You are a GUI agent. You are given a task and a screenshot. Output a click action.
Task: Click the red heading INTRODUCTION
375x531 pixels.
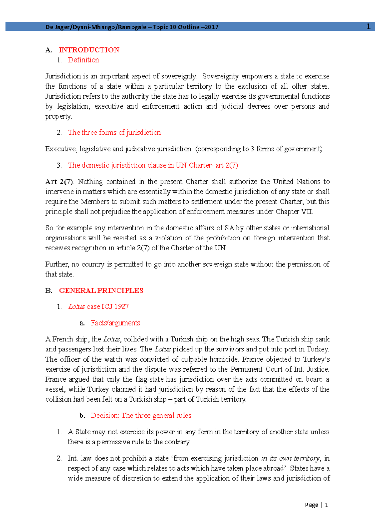coord(89,50)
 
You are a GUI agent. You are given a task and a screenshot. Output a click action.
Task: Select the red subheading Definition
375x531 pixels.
coord(83,60)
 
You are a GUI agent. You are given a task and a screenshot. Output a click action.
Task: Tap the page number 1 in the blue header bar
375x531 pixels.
coord(368,27)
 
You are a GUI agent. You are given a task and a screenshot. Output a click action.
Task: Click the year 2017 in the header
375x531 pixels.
coord(212,27)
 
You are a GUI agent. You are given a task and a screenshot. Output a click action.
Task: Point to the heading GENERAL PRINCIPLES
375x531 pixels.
coord(101,291)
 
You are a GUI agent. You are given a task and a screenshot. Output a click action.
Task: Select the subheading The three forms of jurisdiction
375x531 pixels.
coord(114,133)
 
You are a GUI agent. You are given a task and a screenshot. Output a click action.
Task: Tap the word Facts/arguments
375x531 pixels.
coord(115,323)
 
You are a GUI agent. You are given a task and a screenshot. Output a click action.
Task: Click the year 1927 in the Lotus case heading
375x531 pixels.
coord(122,306)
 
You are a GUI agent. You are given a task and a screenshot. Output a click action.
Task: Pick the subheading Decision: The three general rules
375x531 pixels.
coord(141,415)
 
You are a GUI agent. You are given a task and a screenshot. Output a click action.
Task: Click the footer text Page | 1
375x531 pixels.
coord(316,505)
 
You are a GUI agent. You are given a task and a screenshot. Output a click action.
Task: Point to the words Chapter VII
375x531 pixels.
coord(294,212)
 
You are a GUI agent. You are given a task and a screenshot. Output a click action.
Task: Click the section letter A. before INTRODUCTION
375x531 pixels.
coord(48,50)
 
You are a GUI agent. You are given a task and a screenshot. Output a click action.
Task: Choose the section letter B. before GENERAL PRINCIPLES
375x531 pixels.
coord(48,291)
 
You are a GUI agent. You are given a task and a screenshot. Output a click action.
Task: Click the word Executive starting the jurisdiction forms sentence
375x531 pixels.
coord(61,149)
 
